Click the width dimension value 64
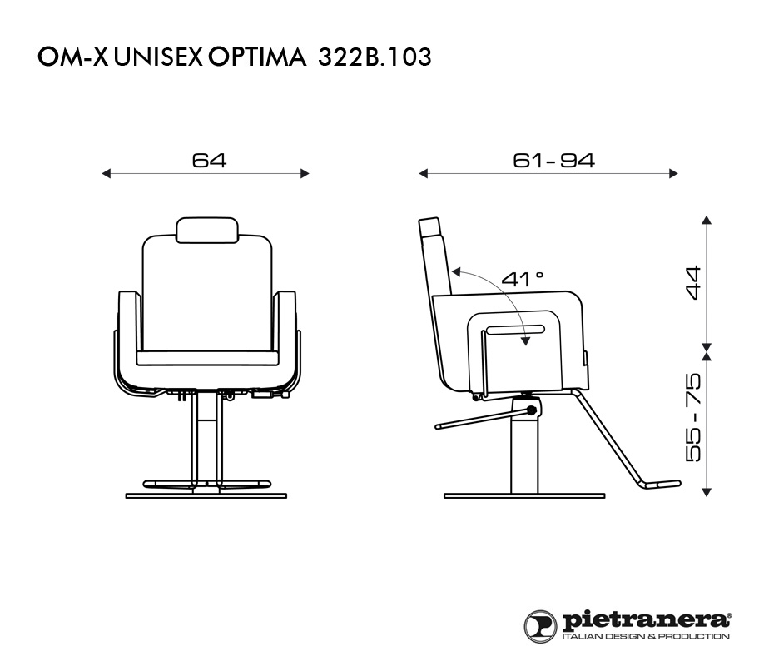tap(209, 161)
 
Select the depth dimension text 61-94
tap(554, 161)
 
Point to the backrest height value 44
tap(693, 282)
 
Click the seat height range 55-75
tap(693, 417)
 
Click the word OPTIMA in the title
tap(258, 57)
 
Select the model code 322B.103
tap(375, 57)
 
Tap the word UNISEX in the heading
tap(158, 57)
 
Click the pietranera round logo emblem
tap(540, 625)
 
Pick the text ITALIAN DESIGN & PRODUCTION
tap(646, 636)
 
